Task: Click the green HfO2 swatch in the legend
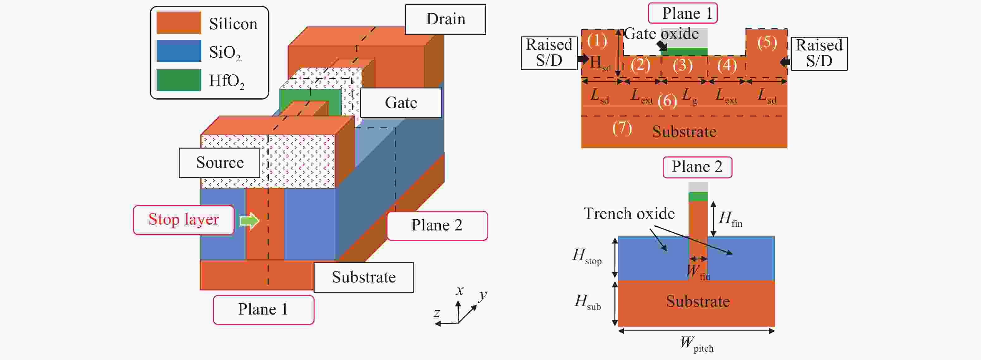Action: [179, 80]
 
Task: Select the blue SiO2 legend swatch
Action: [179, 51]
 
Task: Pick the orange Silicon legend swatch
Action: [179, 22]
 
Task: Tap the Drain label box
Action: [445, 19]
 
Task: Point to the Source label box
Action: [220, 163]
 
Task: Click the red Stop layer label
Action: [183, 220]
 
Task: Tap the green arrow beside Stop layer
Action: [249, 220]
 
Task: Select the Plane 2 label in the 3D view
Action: [437, 225]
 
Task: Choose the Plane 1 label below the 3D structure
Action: [263, 309]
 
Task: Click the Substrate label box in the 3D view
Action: [363, 277]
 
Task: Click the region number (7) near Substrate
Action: [622, 128]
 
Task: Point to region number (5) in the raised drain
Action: [767, 42]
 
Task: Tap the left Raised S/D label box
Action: [549, 53]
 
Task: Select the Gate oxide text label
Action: [661, 34]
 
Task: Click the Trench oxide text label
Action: [629, 214]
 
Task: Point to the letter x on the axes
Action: [460, 291]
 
